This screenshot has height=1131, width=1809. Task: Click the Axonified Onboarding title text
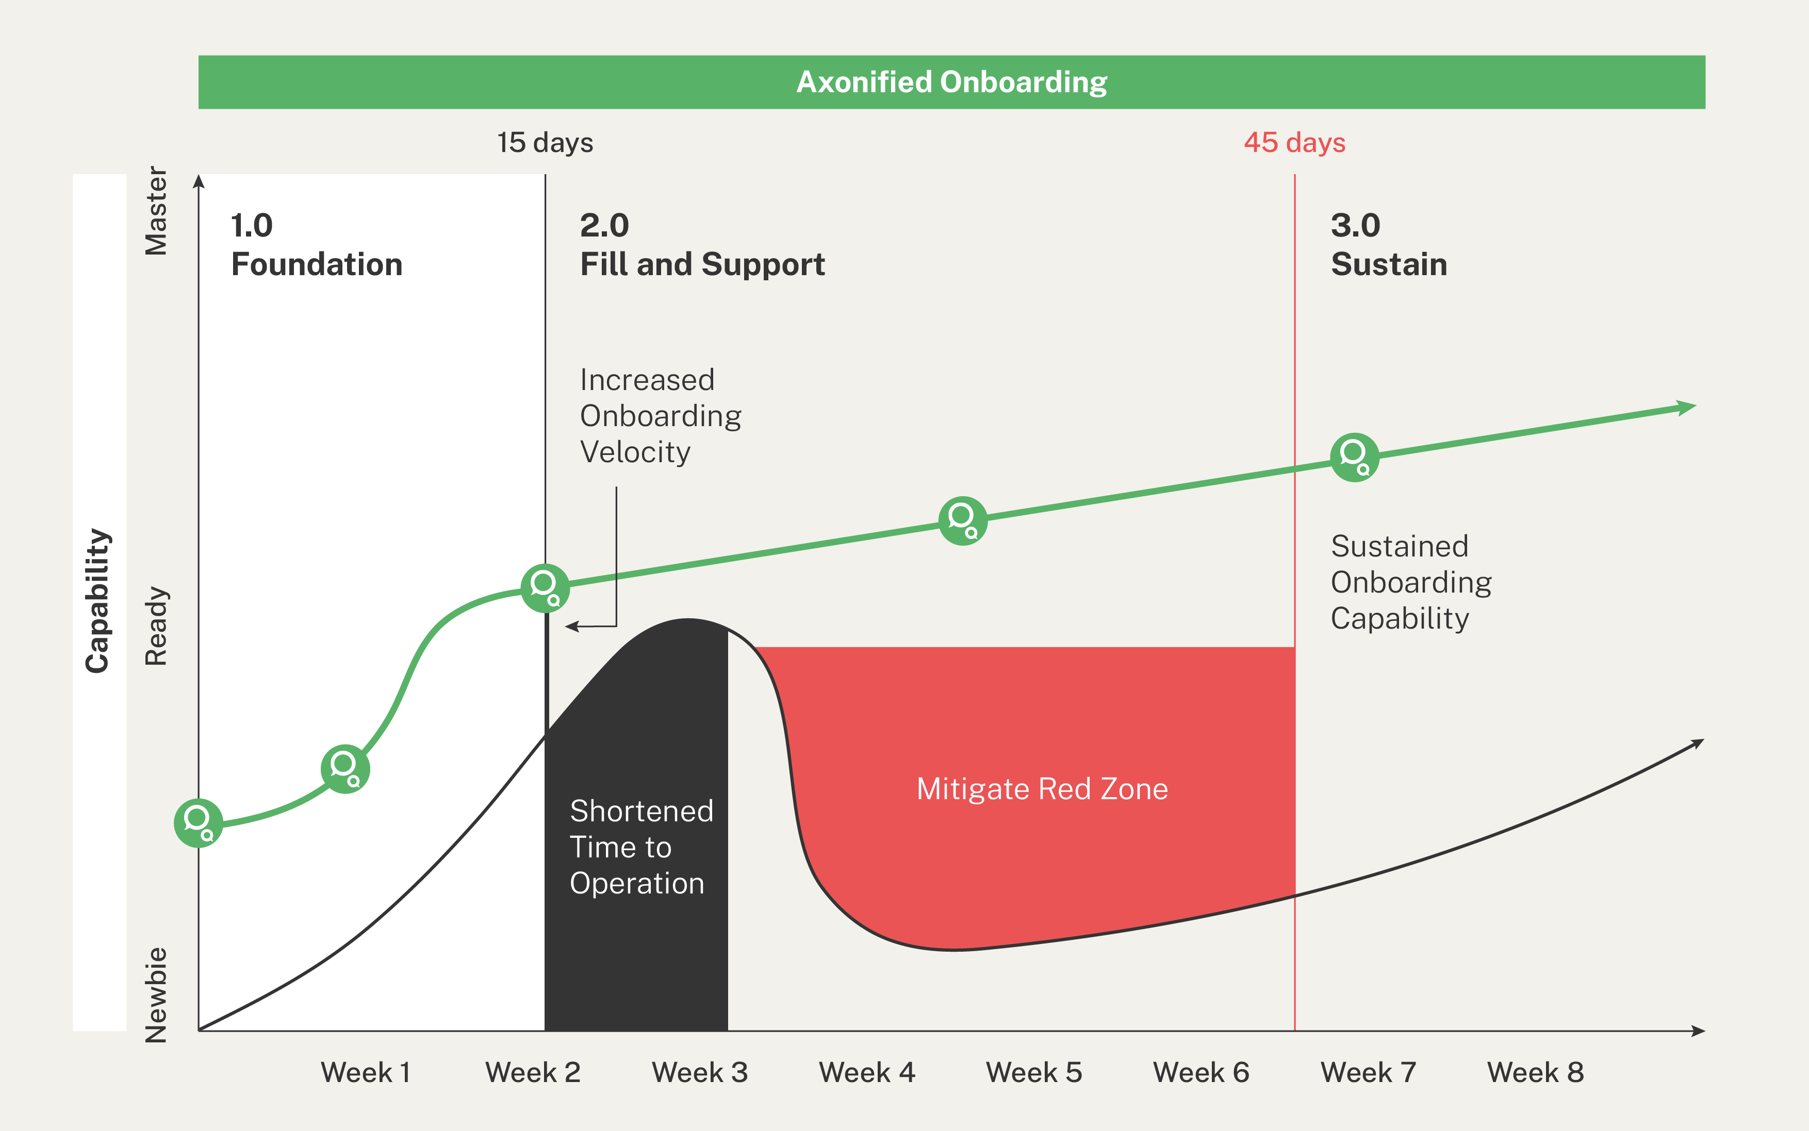point(951,82)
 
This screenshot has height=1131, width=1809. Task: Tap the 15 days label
point(545,142)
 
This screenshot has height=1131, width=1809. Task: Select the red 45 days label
point(1294,142)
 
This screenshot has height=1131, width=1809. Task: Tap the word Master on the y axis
point(156,211)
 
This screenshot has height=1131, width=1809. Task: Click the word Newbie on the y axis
point(156,995)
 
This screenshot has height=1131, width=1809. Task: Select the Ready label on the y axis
point(156,626)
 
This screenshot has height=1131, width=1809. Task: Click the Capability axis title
point(98,601)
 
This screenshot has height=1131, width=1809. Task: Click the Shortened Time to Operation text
point(640,847)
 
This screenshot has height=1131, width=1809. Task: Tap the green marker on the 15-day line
point(545,588)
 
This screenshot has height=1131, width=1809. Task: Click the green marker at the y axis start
point(199,823)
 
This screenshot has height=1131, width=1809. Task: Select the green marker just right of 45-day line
point(1354,457)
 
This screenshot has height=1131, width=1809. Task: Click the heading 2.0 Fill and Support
point(701,245)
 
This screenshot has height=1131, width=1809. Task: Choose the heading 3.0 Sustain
point(1388,245)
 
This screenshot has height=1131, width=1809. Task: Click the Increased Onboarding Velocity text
point(660,416)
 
